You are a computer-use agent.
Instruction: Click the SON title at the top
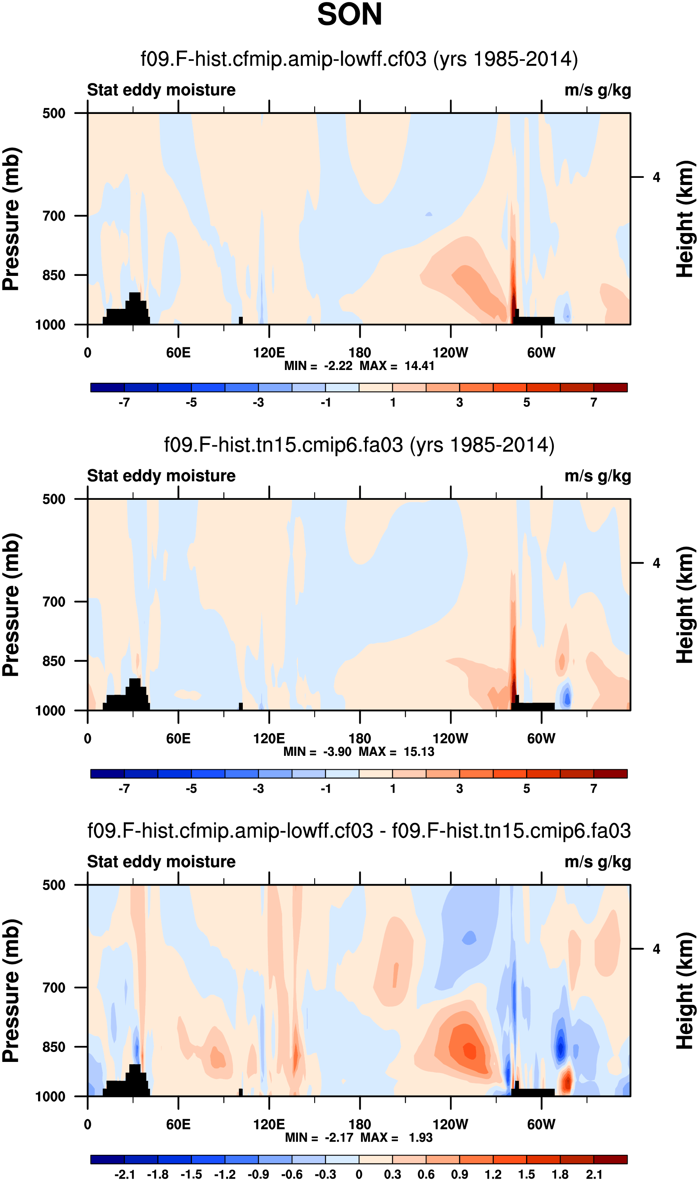(x=349, y=15)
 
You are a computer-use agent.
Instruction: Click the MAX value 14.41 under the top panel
(x=419, y=366)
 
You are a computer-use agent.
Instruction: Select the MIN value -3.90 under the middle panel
(x=337, y=752)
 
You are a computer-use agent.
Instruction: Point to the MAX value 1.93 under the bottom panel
(x=420, y=1138)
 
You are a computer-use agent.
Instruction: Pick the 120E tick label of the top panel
(x=269, y=353)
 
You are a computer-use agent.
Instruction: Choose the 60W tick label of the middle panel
(x=541, y=738)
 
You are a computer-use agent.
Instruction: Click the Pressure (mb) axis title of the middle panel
(x=11, y=605)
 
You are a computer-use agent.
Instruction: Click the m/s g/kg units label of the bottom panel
(x=597, y=862)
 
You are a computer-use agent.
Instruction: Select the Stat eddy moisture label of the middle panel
(x=161, y=476)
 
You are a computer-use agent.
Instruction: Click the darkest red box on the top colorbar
(x=610, y=388)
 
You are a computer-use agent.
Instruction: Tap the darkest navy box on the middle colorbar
(x=108, y=774)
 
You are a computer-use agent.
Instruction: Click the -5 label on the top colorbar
(x=191, y=403)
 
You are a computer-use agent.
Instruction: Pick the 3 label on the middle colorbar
(x=459, y=788)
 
